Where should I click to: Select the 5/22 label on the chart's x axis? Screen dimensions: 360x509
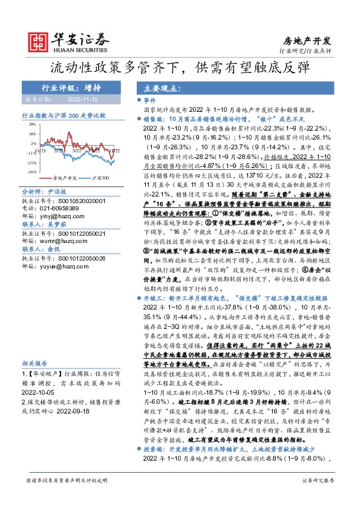[77, 151]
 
